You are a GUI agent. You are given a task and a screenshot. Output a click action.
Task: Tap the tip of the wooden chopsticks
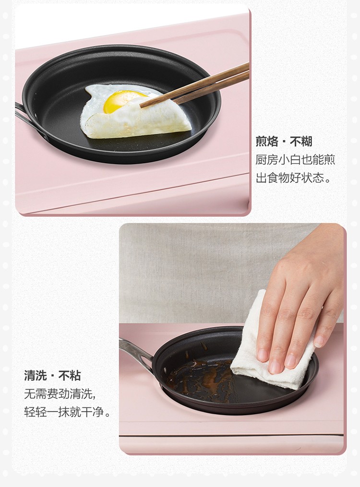coord(141,106)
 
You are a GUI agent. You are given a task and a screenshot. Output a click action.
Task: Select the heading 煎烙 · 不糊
coord(284,142)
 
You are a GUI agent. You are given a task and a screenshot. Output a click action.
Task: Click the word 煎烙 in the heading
coord(267,142)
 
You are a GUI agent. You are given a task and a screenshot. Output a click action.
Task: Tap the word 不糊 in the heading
coord(300,142)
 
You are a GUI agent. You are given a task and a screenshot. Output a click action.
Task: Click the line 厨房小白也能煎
coord(295,160)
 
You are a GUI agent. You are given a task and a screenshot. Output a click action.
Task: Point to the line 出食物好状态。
coord(293,178)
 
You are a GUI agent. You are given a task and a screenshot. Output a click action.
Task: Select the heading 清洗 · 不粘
coord(52,376)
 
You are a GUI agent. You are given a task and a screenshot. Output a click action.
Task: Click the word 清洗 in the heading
coord(36,376)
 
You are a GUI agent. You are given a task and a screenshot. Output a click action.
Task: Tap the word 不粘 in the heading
coord(70,376)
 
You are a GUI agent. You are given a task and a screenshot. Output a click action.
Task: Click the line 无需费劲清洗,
coord(60,394)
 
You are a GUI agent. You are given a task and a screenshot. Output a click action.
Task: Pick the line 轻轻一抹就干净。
coord(67,412)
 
